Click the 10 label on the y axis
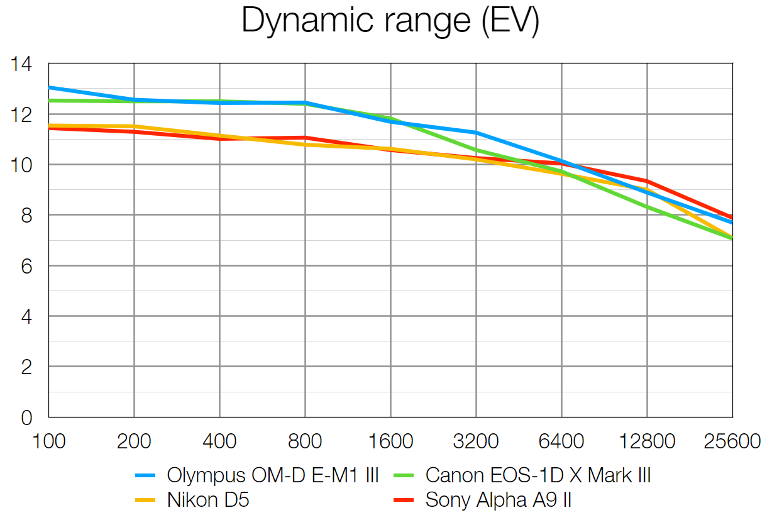pyautogui.click(x=22, y=165)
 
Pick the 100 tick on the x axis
pyautogui.click(x=48, y=441)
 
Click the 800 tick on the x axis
pyautogui.click(x=305, y=441)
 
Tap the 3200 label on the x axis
pyautogui.click(x=476, y=441)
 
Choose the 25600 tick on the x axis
pyautogui.click(x=732, y=441)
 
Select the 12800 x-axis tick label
pyautogui.click(x=647, y=441)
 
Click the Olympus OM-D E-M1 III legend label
pyautogui.click(x=273, y=475)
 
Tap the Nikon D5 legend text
pyautogui.click(x=208, y=501)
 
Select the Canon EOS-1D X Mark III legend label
pyautogui.click(x=538, y=475)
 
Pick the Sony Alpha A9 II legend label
pyautogui.click(x=499, y=501)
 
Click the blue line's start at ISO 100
pyautogui.click(x=49, y=87)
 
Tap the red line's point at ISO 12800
pyautogui.click(x=647, y=181)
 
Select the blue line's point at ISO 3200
pyautogui.click(x=476, y=133)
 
